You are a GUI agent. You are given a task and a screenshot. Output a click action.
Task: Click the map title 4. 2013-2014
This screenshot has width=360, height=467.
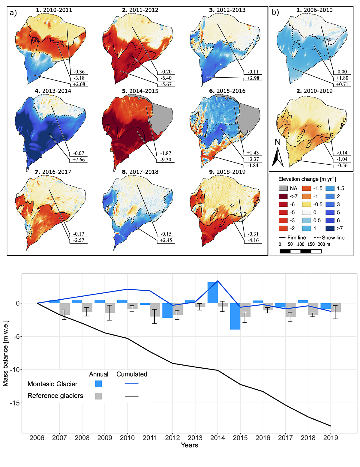point(53,91)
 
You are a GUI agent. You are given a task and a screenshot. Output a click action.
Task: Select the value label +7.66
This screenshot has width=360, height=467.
point(79,160)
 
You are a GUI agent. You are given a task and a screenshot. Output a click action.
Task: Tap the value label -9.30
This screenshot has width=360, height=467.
point(166,160)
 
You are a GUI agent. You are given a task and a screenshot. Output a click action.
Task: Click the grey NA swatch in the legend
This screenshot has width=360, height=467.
point(283,188)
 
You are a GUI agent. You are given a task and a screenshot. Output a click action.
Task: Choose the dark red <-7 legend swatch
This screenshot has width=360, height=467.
point(283,196)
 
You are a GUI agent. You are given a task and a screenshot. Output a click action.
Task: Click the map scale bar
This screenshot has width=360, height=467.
point(300,251)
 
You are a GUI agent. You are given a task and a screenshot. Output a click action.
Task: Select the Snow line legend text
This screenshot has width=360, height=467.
point(333,238)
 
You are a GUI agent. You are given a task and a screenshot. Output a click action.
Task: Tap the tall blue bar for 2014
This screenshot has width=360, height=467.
point(212,292)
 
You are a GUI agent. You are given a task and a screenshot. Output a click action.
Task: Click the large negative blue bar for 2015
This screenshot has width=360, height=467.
point(235,316)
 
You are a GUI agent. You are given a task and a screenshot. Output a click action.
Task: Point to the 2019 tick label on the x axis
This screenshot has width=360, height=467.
point(330,438)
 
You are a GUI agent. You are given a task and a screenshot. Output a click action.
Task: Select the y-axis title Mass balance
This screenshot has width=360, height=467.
point(5,353)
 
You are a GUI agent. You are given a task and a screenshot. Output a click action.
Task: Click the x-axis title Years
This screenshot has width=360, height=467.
point(189,445)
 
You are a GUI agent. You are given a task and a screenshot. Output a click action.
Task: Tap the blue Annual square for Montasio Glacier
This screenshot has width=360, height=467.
point(98,384)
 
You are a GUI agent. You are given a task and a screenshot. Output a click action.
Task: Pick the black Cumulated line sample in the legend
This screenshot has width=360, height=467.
point(132,396)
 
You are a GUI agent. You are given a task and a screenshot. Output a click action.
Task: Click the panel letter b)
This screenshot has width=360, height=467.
point(275,13)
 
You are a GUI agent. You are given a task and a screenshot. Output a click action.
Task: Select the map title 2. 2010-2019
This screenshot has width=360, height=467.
point(314,91)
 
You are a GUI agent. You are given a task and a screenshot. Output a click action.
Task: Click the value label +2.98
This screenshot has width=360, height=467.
point(253,78)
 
